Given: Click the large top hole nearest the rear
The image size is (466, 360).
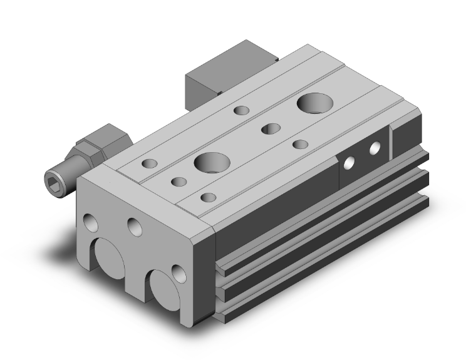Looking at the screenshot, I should [x=313, y=102].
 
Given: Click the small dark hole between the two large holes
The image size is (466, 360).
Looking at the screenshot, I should [x=271, y=128].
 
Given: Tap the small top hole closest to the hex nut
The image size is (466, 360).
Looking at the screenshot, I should [x=150, y=164].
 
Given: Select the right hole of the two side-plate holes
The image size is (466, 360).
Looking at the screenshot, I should [x=375, y=149].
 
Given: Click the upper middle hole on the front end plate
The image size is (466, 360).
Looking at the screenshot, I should [x=133, y=226].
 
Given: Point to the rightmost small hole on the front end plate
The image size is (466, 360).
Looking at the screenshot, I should [x=180, y=273].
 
